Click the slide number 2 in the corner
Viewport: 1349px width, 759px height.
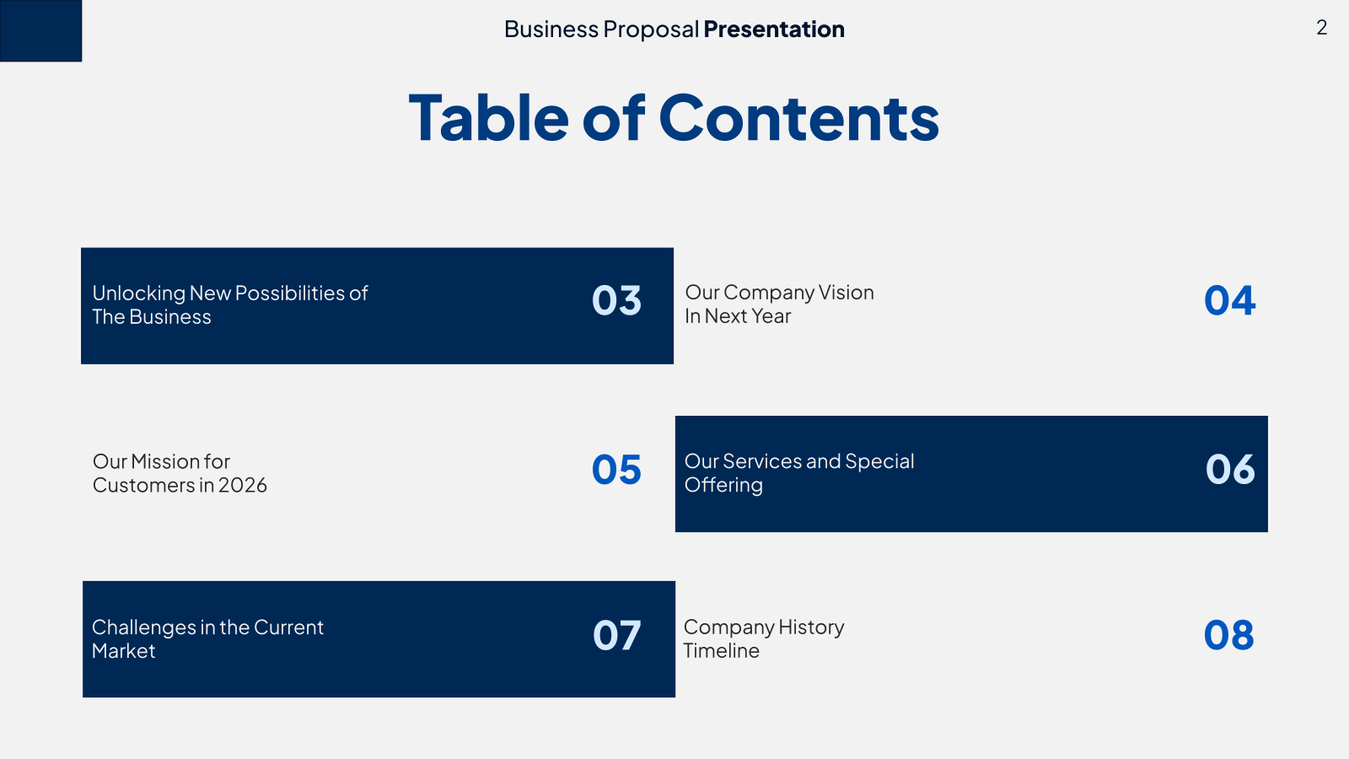[1321, 28]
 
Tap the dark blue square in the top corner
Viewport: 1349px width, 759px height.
[41, 30]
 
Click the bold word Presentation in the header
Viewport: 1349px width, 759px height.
[774, 29]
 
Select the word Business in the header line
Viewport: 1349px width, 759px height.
[551, 29]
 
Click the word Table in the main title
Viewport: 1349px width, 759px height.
[488, 117]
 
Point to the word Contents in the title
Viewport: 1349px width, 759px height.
[798, 117]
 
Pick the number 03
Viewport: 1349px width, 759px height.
[616, 300]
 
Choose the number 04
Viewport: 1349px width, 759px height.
[1230, 300]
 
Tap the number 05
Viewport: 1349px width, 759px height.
[616, 469]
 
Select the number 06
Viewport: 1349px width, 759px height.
[1230, 469]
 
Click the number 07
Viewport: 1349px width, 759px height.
[616, 635]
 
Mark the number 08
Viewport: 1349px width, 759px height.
[1229, 635]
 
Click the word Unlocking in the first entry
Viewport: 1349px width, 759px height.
[139, 293]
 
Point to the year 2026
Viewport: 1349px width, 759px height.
[242, 485]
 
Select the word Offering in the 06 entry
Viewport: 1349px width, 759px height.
[724, 485]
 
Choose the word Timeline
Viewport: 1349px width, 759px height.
[722, 650]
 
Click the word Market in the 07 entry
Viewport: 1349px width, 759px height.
[123, 650]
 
